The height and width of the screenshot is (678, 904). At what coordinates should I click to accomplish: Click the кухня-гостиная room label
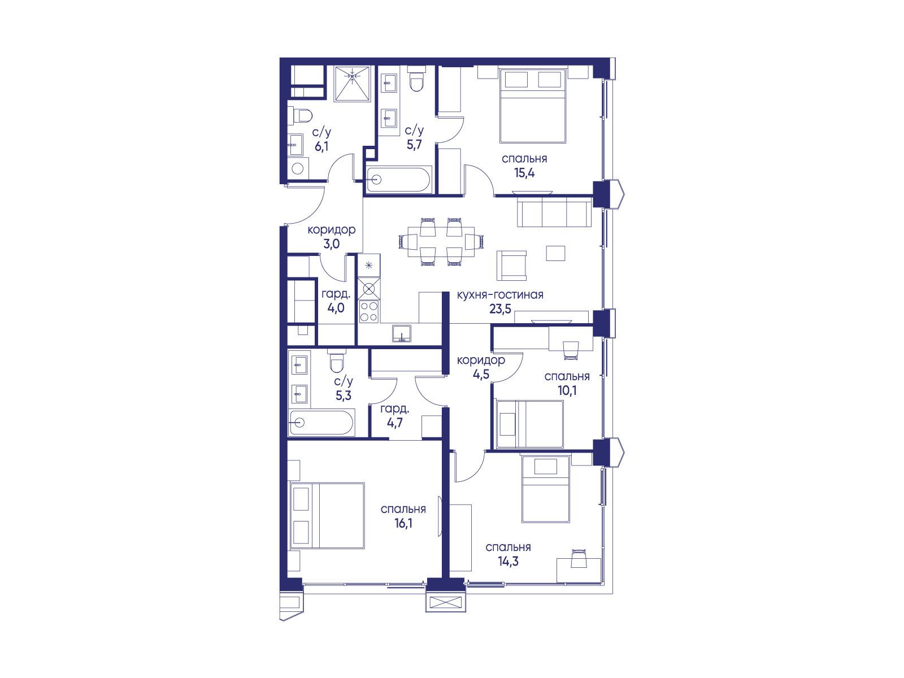(x=500, y=295)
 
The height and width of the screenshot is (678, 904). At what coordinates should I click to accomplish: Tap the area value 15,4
(x=524, y=173)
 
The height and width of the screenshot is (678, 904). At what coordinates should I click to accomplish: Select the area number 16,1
(x=403, y=523)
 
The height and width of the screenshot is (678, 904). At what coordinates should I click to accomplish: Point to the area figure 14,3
(x=508, y=561)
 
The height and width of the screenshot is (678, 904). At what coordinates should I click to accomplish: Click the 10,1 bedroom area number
(x=567, y=390)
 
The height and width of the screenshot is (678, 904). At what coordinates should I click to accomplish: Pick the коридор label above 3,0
(x=332, y=230)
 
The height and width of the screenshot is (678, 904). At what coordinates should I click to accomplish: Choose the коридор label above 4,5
(x=481, y=360)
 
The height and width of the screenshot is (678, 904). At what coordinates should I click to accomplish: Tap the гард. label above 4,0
(x=336, y=294)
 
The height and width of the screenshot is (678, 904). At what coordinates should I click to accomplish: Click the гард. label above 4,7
(x=394, y=409)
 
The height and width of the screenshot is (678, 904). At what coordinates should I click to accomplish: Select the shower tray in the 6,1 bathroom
(x=353, y=84)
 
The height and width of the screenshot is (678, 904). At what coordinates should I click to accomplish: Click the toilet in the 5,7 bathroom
(x=416, y=81)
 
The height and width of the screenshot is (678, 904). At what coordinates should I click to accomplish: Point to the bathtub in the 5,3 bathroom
(x=321, y=423)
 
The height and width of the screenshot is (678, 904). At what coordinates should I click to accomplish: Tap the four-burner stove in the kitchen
(x=369, y=311)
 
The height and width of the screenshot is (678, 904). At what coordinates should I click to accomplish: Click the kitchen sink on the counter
(x=401, y=333)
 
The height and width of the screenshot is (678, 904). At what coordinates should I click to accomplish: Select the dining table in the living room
(x=441, y=242)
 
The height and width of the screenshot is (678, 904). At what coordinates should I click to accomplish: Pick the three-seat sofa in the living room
(x=554, y=211)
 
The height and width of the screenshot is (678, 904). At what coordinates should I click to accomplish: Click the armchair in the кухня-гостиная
(x=511, y=266)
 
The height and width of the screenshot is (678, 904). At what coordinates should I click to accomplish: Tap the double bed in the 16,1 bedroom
(x=327, y=515)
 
